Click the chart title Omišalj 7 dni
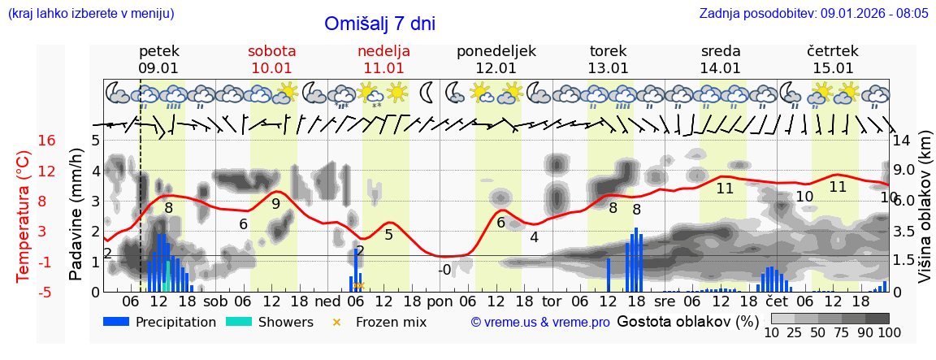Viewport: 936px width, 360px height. (380, 24)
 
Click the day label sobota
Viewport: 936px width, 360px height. (271, 51)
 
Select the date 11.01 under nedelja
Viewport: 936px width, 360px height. (383, 68)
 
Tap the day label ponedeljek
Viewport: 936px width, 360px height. (496, 51)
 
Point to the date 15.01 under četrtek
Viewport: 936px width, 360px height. (833, 68)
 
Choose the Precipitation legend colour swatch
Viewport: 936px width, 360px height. (116, 322)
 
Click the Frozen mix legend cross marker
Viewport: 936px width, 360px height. (337, 323)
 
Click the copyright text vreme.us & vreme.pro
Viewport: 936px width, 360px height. (539, 323)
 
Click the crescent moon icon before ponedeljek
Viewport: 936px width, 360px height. (426, 93)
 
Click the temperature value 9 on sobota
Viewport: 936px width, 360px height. (275, 204)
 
